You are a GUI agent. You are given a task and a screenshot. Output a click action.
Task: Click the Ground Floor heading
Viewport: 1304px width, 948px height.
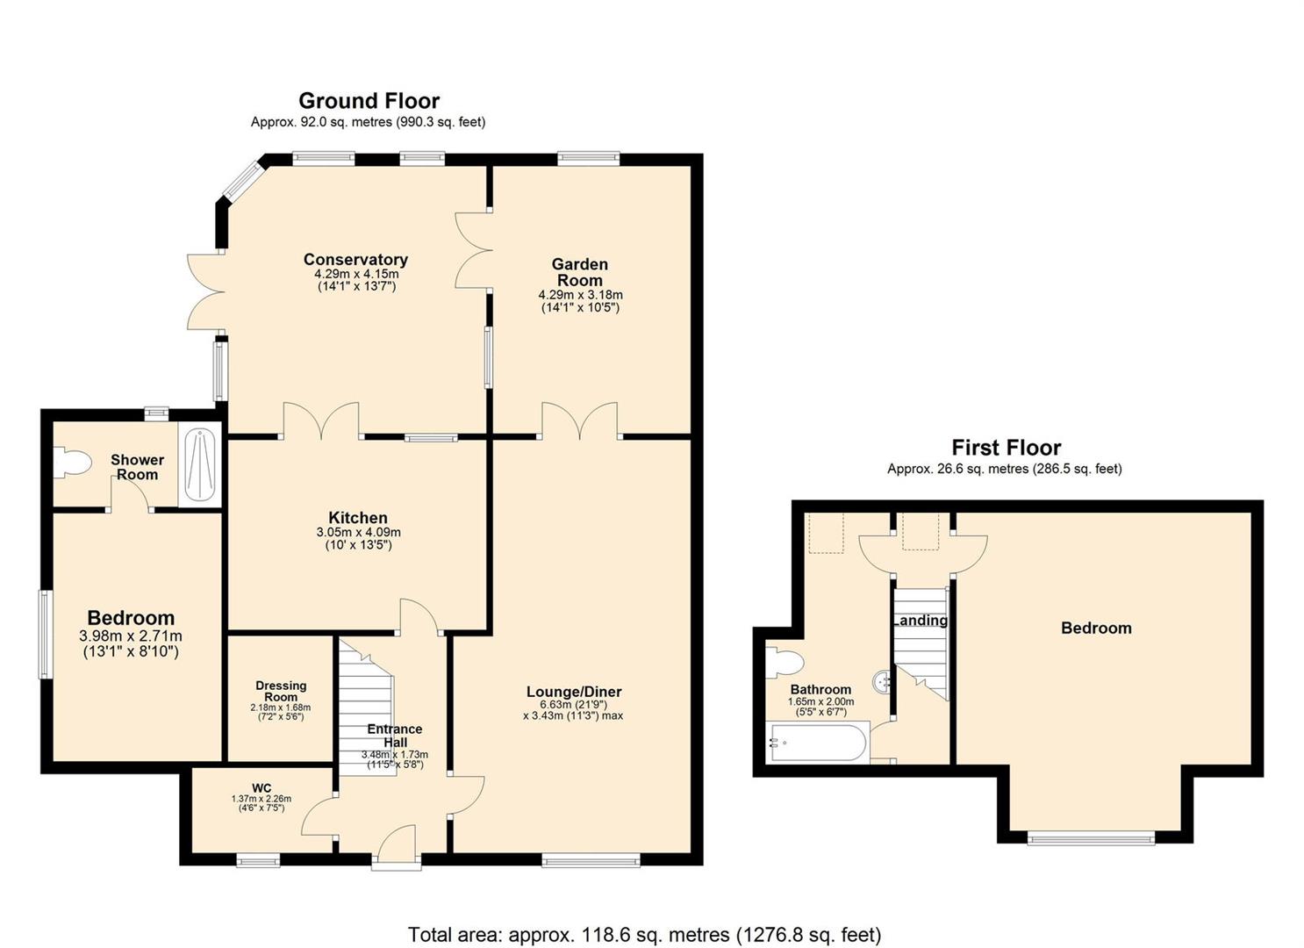point(369,101)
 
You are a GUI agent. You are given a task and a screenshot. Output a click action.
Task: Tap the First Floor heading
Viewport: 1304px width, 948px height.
point(1006,448)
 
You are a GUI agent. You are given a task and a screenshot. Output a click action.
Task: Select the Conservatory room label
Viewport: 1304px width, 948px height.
point(355,259)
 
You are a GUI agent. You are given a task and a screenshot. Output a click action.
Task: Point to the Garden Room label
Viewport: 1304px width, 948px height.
point(580,272)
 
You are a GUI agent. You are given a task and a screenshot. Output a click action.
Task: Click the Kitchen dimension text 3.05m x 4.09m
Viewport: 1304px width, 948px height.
point(358,532)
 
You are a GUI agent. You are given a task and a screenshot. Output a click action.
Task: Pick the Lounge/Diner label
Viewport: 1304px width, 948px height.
point(574,692)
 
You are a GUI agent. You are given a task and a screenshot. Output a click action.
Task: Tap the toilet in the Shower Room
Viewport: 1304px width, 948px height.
point(72,463)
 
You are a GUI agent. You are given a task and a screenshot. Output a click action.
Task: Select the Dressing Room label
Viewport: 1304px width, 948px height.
point(281,691)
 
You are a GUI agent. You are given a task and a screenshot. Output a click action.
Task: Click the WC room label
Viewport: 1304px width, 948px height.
point(262,788)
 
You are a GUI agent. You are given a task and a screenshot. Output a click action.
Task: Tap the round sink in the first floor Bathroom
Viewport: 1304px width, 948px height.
point(883,681)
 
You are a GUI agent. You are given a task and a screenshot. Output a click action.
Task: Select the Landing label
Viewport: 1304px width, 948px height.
point(921,621)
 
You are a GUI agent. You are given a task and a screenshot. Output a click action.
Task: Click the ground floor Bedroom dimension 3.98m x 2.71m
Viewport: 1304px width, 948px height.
point(131,636)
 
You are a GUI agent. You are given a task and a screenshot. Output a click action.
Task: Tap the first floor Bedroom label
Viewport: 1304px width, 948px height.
point(1096,628)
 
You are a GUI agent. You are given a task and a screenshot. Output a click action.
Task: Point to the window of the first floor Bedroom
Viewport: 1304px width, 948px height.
point(1091,838)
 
